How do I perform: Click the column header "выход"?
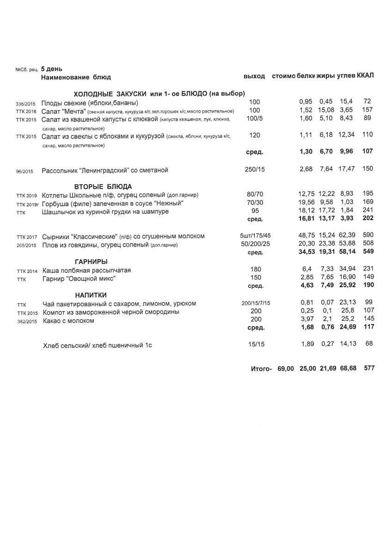[254, 76]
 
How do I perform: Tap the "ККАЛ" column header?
[365, 76]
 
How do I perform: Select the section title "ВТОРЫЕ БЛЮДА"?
[103, 187]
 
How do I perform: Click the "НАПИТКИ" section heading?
[91, 295]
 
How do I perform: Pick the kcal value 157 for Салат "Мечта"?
[367, 110]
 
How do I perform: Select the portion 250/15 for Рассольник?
[254, 169]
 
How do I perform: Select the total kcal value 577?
[368, 368]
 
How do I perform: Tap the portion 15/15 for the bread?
[254, 344]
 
